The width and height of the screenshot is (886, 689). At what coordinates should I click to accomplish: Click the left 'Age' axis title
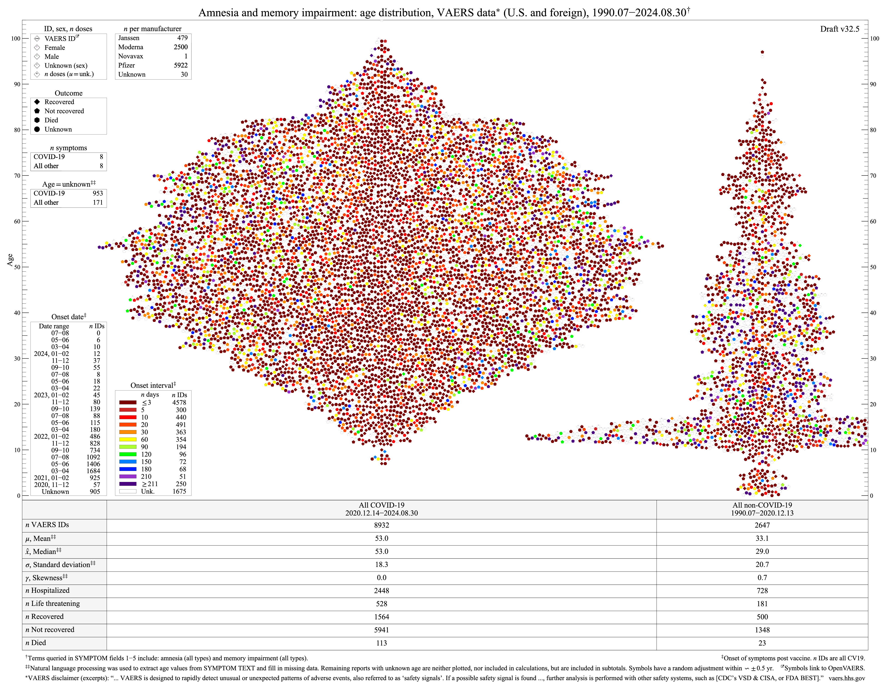pyautogui.click(x=10, y=260)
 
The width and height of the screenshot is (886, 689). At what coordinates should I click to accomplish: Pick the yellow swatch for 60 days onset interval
pyautogui.click(x=128, y=440)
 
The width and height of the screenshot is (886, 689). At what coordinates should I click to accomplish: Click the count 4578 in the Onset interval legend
pyautogui.click(x=179, y=403)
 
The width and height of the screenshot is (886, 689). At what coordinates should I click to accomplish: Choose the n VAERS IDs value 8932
pyautogui.click(x=381, y=525)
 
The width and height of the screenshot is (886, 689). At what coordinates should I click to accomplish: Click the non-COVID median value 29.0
pyautogui.click(x=762, y=551)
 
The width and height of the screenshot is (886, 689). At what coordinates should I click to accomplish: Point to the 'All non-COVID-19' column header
pyautogui.click(x=762, y=505)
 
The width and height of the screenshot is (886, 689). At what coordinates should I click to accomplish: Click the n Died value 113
pyautogui.click(x=381, y=643)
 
